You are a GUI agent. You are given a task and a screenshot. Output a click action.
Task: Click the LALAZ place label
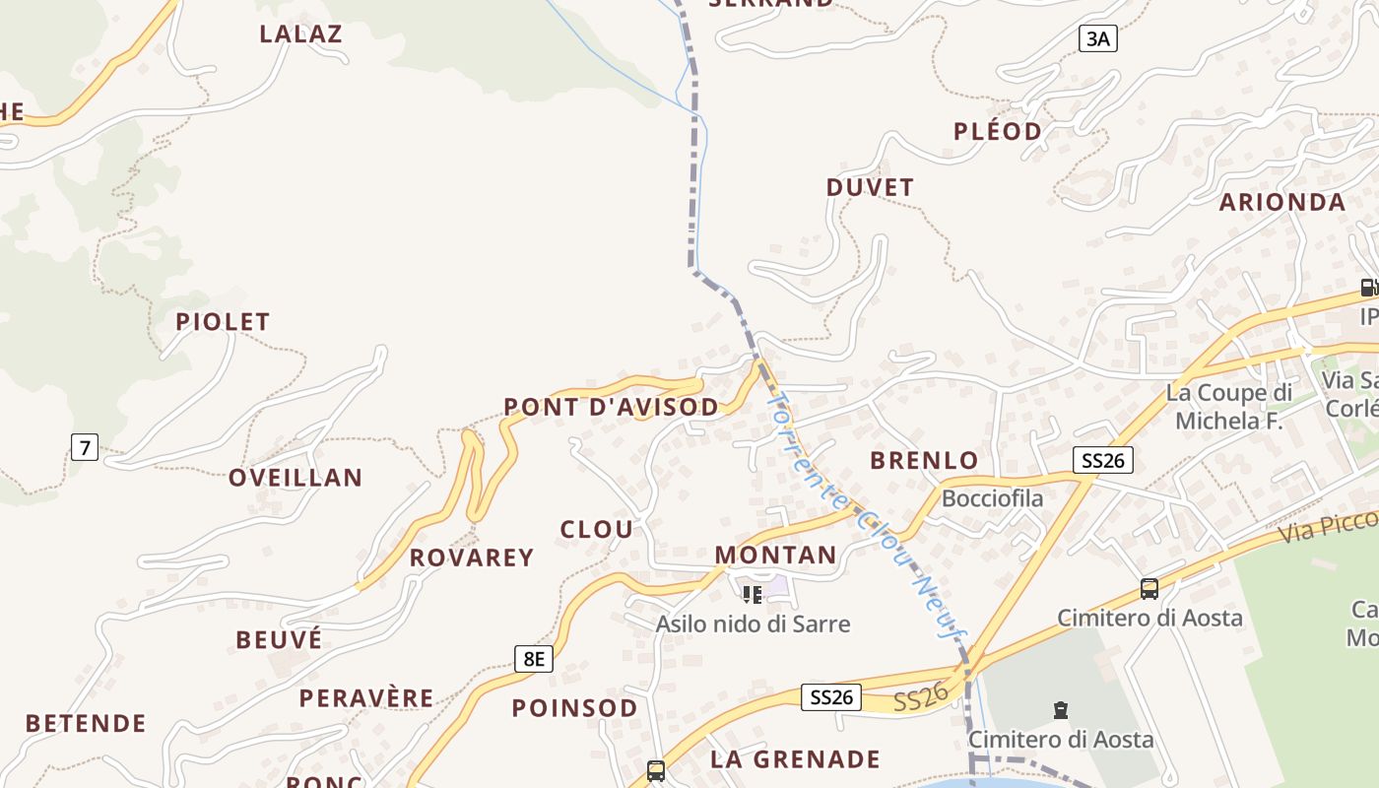300,33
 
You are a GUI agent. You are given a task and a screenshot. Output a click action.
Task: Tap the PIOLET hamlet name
223,321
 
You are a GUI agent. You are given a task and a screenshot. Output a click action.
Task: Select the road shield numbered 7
85,447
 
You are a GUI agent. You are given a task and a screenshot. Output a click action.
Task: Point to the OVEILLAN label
295,478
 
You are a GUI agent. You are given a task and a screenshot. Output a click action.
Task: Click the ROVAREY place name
472,558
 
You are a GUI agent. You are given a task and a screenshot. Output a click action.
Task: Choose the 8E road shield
533,658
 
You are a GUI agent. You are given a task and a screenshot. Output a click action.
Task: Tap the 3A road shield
1097,38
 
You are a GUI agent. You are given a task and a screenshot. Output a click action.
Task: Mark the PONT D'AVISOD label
611,406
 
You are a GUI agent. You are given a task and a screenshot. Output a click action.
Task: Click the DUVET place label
870,186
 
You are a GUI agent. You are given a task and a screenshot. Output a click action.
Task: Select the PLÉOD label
997,131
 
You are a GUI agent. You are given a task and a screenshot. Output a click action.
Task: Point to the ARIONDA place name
1281,202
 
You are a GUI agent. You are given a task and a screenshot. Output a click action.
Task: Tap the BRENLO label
924,460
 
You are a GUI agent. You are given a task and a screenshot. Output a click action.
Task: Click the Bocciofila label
992,498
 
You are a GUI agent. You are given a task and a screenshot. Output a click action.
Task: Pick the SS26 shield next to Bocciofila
1103,459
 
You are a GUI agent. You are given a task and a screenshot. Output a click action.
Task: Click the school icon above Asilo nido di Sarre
753,594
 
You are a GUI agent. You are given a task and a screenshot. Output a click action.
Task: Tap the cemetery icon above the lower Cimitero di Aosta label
1061,709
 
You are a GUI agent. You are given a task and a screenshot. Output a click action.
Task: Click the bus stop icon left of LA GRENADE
656,770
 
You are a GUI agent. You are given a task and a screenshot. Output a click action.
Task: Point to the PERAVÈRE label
366,698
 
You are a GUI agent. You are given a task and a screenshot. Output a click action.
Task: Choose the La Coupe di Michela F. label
1228,407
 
